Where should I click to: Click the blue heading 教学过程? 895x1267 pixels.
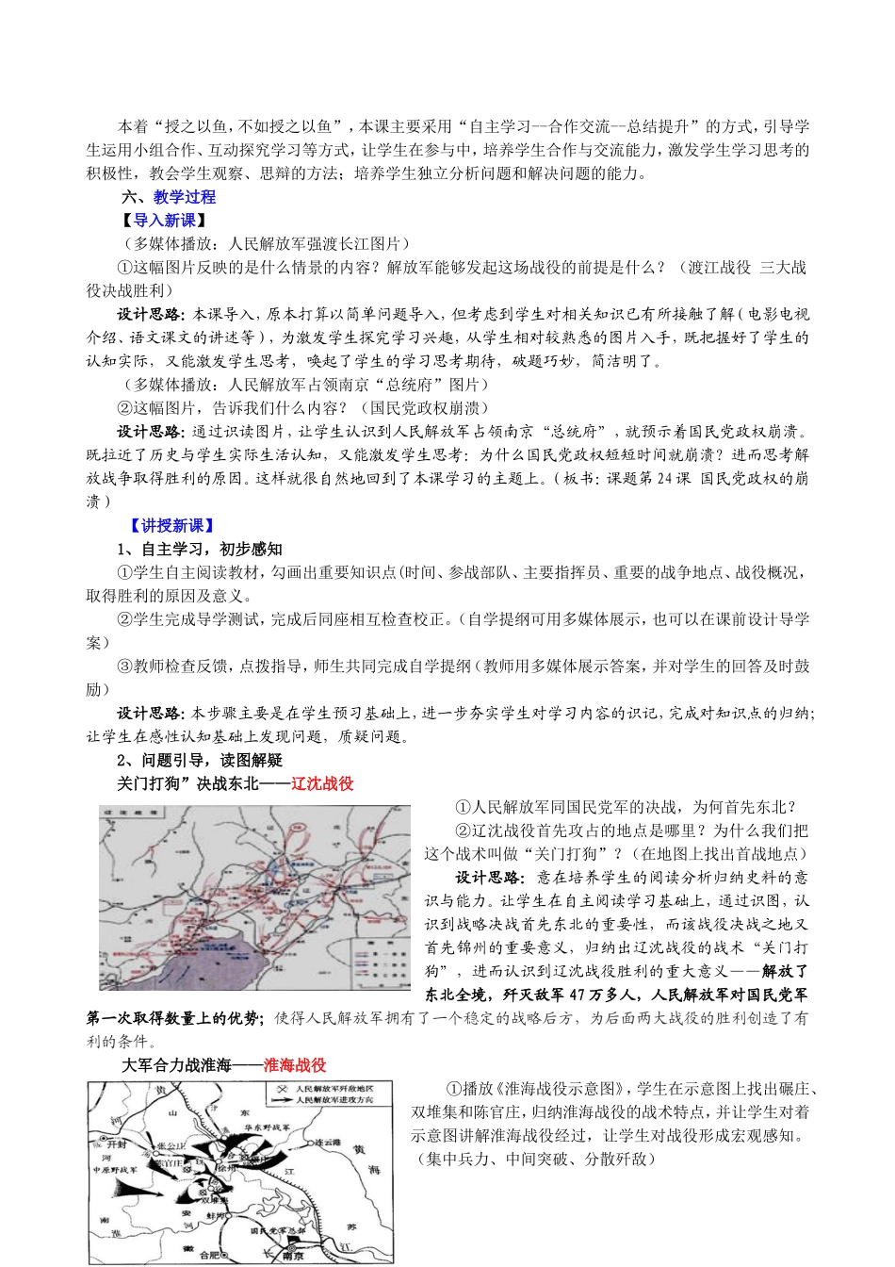tap(185, 197)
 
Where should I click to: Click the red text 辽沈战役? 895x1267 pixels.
tap(322, 783)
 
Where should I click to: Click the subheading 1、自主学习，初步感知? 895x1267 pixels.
tap(199, 550)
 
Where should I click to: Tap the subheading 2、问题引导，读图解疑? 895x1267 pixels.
tap(199, 761)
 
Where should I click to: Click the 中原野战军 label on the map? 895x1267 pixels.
tap(115, 1170)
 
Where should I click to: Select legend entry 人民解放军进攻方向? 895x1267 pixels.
tap(334, 1099)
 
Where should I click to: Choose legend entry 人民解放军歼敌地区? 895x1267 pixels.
tap(334, 1088)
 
